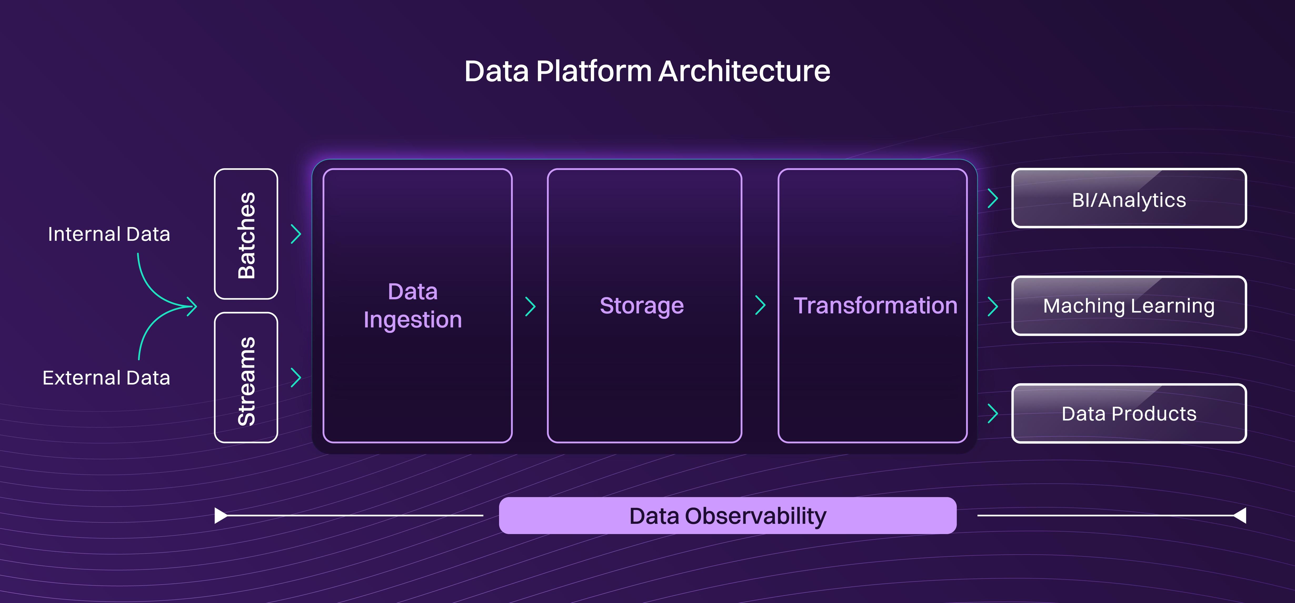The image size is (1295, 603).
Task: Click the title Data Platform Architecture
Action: point(647,71)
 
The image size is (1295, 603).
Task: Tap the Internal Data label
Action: point(109,234)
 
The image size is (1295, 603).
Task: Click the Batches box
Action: point(246,234)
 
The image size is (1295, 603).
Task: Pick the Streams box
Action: point(246,377)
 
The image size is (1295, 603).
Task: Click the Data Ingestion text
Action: point(413,306)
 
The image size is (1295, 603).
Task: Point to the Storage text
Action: point(642,306)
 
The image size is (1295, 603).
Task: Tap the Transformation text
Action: point(875,306)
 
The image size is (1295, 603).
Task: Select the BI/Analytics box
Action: point(1129,198)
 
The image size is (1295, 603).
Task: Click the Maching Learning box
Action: point(1129,306)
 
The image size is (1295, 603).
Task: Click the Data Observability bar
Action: point(728,516)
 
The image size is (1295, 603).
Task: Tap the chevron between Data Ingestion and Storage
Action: point(530,306)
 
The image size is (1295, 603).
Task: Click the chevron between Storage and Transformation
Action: point(761,305)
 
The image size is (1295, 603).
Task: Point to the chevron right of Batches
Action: point(296,234)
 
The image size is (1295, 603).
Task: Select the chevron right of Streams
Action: point(296,377)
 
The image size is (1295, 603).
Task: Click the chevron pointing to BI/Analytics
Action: point(993,198)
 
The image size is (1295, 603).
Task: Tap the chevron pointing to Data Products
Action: point(993,413)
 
